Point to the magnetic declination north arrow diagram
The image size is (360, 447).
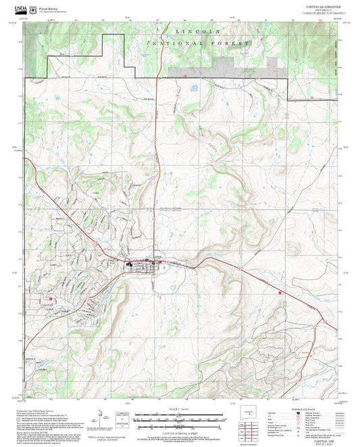(x=101, y=413)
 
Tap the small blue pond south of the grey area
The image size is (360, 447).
(x=195, y=87)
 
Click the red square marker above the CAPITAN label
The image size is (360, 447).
(x=49, y=298)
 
